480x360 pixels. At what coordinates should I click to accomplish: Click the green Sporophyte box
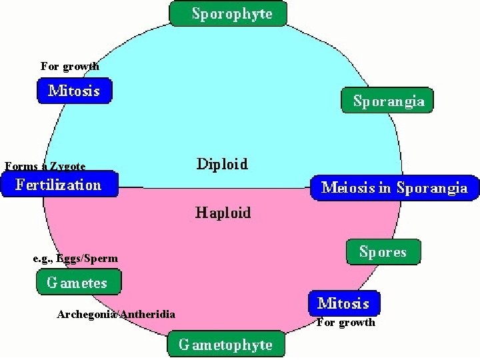coord(228,13)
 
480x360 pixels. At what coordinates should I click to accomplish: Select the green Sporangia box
coord(387,101)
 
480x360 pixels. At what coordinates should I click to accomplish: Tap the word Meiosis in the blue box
coord(348,187)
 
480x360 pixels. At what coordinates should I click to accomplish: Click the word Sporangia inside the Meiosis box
coord(431,187)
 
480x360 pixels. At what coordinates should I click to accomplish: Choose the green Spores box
coord(383,251)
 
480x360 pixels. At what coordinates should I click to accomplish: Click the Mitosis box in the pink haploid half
coord(343,303)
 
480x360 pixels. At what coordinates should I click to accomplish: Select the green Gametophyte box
coord(225,345)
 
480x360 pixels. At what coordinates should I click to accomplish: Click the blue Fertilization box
coord(59,184)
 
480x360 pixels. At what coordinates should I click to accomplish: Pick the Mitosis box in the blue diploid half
coord(74,91)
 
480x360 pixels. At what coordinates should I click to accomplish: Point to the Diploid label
coord(222,163)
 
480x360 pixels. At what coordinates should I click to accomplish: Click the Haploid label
coord(223,213)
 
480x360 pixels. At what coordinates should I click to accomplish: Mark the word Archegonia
coord(87,314)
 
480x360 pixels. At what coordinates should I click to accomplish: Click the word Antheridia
coord(148,314)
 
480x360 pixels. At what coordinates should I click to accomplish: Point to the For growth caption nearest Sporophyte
coord(69,66)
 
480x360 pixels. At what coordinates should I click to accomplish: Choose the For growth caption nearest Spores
coord(345,323)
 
